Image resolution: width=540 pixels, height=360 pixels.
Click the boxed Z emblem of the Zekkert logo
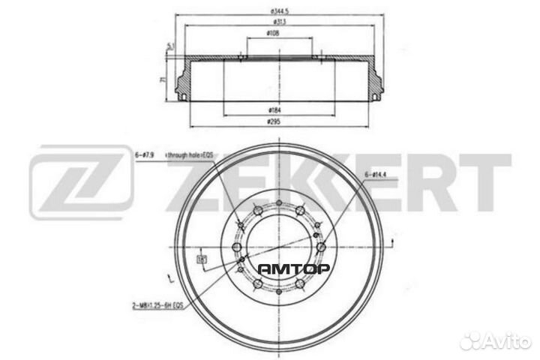(82, 182)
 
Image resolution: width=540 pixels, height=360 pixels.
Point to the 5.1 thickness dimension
(171, 46)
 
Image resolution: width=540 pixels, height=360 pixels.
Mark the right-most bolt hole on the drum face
(321, 247)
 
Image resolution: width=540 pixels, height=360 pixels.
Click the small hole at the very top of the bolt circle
(277, 205)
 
